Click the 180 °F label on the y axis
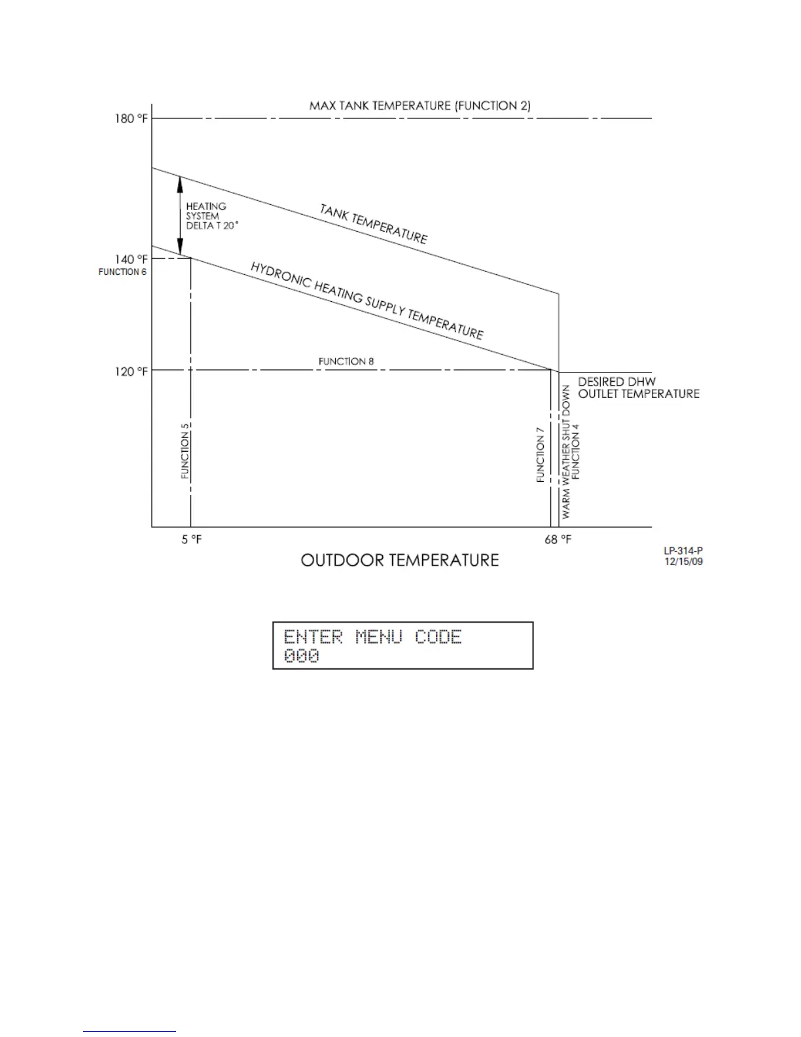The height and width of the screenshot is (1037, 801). (x=132, y=118)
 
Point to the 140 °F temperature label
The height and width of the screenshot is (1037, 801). (x=132, y=259)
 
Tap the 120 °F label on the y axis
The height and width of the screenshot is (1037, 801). (x=132, y=371)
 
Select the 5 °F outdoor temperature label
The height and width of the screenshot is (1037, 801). (x=191, y=540)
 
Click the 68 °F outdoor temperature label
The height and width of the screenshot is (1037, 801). (x=558, y=540)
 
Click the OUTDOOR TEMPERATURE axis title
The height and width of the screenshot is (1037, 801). (x=399, y=560)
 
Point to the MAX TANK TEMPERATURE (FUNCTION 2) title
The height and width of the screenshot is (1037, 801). (x=419, y=105)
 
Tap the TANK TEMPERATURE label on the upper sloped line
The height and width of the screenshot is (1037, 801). (x=373, y=224)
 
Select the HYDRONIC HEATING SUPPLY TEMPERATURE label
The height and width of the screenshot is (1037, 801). (x=366, y=300)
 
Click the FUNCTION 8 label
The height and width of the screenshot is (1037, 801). (x=346, y=361)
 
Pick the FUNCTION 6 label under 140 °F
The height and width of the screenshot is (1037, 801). (x=122, y=272)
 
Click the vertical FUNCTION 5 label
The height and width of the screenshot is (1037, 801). (x=185, y=451)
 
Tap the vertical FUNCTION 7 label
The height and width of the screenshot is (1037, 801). (x=541, y=455)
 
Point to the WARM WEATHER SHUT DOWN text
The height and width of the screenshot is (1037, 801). (x=566, y=452)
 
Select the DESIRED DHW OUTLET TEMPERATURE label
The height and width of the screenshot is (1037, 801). (x=638, y=388)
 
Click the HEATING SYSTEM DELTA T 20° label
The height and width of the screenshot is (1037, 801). (x=211, y=216)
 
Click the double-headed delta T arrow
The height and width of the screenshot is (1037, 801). (x=180, y=215)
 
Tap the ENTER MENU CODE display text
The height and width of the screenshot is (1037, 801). (x=372, y=636)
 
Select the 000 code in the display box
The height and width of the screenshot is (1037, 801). (x=302, y=656)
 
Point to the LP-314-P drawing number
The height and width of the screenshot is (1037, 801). (x=683, y=551)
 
